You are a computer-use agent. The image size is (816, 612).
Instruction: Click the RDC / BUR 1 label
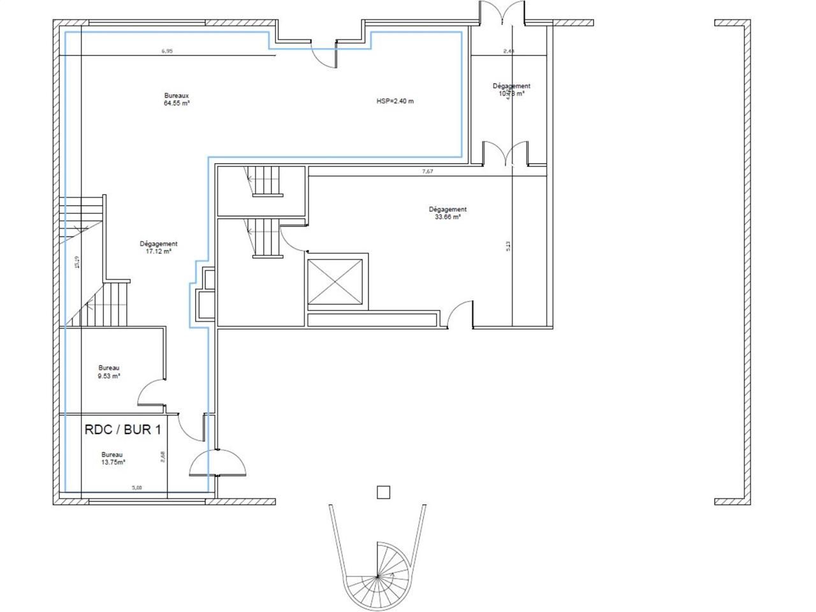122,430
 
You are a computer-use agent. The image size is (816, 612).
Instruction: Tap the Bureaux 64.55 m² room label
177,99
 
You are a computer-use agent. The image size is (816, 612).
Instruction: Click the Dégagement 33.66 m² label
448,213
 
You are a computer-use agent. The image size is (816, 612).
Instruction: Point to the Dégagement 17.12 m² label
158,247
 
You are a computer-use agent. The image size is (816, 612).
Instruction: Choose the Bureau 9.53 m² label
109,372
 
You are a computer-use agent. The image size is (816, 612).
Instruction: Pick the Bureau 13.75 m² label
113,458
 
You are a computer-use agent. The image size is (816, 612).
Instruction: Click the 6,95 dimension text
168,52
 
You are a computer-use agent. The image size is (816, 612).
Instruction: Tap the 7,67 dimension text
428,171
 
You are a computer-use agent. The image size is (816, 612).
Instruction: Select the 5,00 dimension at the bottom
136,488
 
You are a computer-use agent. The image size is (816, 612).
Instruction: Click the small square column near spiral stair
382,492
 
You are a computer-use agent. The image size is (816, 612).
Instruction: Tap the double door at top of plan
503,13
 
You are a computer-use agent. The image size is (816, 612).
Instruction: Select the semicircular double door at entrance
218,463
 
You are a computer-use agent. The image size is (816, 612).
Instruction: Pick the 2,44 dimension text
509,51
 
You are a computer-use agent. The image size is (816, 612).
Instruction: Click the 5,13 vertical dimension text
508,245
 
